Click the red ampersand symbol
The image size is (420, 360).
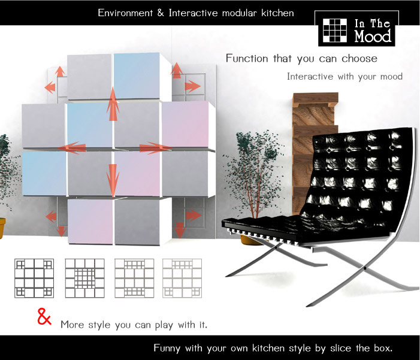click(44, 317)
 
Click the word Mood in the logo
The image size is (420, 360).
click(373, 36)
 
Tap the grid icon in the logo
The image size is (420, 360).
click(335, 31)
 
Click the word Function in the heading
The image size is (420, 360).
click(247, 58)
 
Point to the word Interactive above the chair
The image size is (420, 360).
click(310, 76)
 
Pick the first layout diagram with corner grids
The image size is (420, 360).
click(34, 278)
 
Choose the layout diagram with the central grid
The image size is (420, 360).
click(84, 278)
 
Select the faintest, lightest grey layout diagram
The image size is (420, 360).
click(182, 278)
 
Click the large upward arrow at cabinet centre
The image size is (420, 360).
click(113, 104)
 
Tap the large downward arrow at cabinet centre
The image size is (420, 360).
click(113, 180)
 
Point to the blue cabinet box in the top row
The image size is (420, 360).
click(137, 76)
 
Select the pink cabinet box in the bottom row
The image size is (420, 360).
click(90, 221)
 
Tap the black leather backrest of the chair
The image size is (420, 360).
click(356, 177)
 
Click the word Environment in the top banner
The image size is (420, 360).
click(125, 13)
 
